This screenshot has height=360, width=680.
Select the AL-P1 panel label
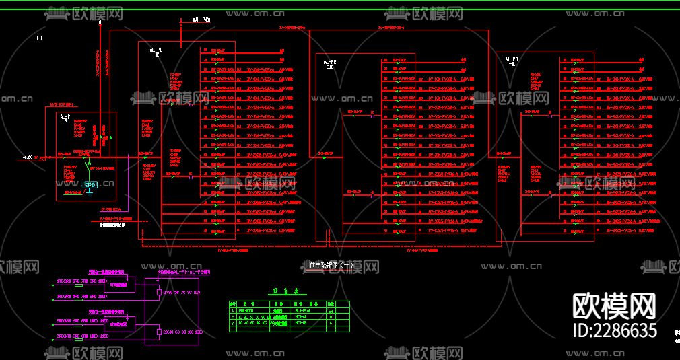156,50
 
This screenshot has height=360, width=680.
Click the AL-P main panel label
65,118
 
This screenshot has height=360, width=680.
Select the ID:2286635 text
613,330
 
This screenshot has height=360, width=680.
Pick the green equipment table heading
281,292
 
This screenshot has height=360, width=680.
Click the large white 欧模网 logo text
613,307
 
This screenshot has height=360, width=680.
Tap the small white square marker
40,38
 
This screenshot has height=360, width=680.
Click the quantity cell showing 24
331,310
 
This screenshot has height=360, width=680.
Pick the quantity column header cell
331,304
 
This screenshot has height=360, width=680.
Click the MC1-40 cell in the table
301,316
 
